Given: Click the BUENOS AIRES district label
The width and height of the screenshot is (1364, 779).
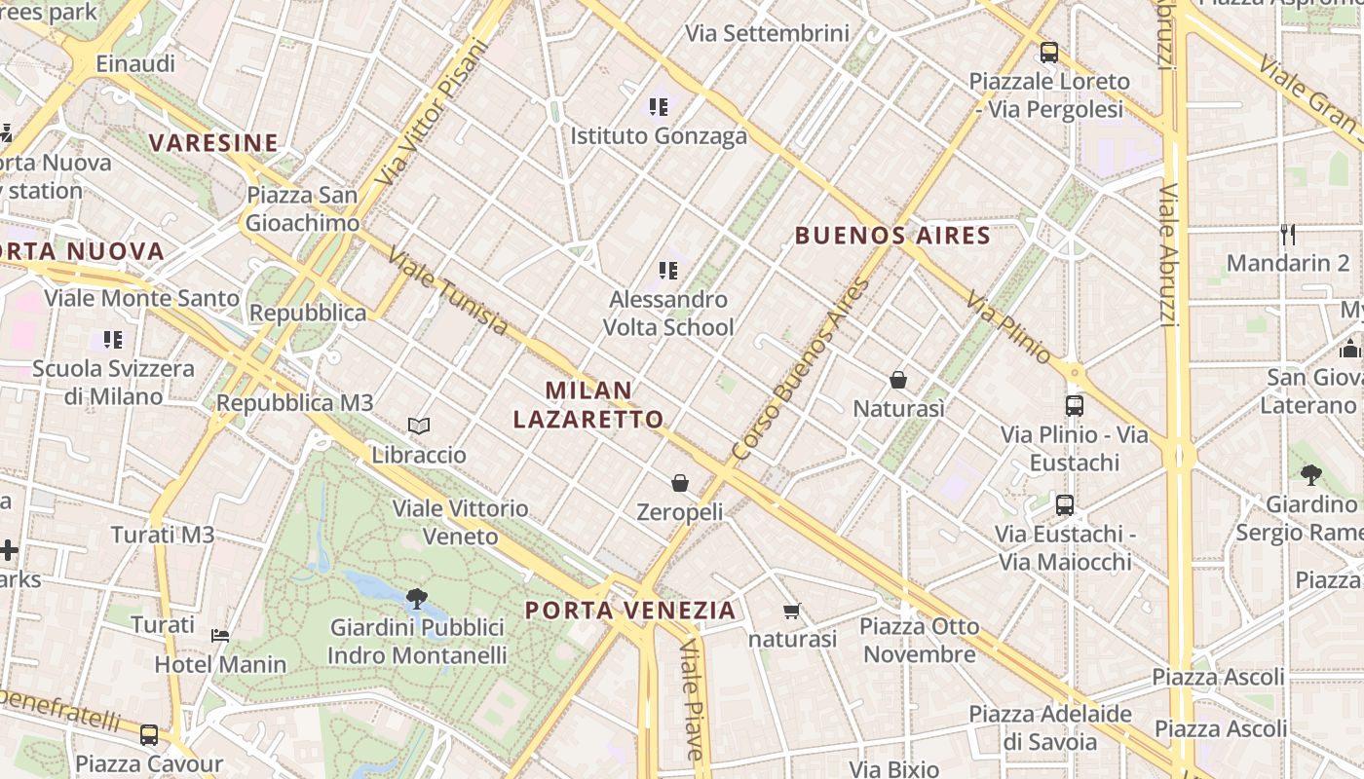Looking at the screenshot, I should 892,235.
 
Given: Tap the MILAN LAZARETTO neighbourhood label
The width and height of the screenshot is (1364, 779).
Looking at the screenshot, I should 588,404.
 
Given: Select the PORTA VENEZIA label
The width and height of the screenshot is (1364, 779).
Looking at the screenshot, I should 630,611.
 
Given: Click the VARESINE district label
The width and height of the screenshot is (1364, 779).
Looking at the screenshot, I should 213,143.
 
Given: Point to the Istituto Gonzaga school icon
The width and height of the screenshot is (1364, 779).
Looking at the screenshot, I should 659,107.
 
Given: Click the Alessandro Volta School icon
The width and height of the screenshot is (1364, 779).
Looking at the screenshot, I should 667,270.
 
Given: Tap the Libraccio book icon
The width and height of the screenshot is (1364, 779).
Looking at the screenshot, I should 419,427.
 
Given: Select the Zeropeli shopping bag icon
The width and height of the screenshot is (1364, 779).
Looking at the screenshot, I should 680,483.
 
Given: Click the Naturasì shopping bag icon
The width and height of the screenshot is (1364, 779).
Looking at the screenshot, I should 898,380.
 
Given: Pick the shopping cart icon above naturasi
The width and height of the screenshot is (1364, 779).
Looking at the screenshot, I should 791,612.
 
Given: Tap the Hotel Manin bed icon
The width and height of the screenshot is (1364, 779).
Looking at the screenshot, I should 220,636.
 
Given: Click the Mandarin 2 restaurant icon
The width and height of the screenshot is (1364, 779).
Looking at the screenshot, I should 1288,234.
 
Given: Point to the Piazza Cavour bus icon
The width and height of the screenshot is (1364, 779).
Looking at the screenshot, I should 149,735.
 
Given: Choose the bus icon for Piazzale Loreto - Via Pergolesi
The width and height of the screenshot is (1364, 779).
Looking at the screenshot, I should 1049,53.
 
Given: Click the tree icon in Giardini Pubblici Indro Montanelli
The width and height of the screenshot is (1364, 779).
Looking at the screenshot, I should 417,598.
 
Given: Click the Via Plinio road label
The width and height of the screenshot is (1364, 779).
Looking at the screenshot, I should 1008,327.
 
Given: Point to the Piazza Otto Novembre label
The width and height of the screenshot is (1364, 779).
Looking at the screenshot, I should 920,640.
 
